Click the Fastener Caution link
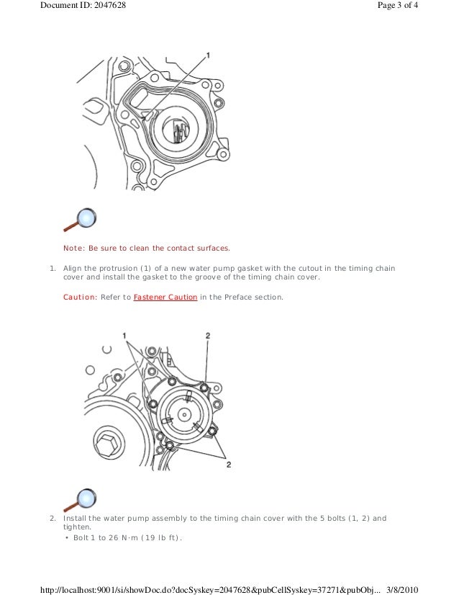(x=165, y=296)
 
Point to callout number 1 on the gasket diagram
(x=209, y=55)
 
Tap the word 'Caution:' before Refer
(x=79, y=296)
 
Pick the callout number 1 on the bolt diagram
(x=124, y=336)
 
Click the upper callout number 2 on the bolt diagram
(x=208, y=336)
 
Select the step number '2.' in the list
(x=52, y=518)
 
